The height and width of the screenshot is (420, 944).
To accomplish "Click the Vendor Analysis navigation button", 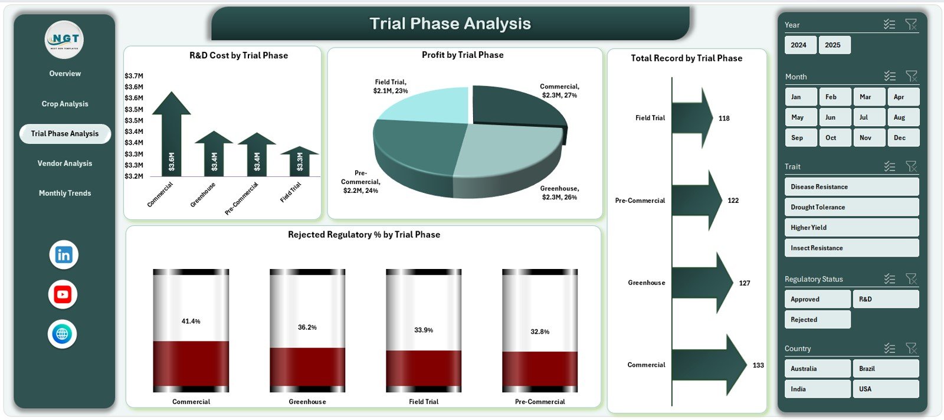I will click(x=65, y=163).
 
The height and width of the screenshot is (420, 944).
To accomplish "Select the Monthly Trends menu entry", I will click(x=65, y=193).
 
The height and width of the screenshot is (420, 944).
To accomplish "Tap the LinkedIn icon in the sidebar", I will click(x=64, y=255).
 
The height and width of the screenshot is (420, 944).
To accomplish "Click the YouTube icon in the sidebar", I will click(x=63, y=294).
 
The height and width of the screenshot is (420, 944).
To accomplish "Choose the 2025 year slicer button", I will click(x=833, y=45).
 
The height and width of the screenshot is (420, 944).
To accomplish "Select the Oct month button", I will click(x=833, y=137).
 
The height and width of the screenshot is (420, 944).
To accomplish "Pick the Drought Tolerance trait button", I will click(x=851, y=207).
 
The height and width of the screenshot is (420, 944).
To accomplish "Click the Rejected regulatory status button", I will click(x=817, y=320).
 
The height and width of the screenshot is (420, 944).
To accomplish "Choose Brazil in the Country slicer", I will click(x=885, y=369).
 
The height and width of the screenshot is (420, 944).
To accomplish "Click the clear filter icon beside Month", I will click(x=912, y=76).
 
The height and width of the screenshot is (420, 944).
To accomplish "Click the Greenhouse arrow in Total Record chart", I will click(x=702, y=283).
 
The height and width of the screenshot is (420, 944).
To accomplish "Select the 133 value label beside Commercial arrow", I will click(x=758, y=365).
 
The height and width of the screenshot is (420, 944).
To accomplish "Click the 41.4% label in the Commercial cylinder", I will click(x=191, y=321).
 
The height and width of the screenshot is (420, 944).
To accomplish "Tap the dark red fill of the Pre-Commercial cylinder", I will click(x=540, y=369).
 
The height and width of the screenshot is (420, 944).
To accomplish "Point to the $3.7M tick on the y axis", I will click(x=134, y=76).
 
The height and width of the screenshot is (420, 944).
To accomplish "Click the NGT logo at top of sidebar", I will click(x=65, y=40).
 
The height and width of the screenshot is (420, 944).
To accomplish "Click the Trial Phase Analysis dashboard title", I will click(x=450, y=24).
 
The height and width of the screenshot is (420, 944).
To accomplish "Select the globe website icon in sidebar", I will click(x=62, y=334).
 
